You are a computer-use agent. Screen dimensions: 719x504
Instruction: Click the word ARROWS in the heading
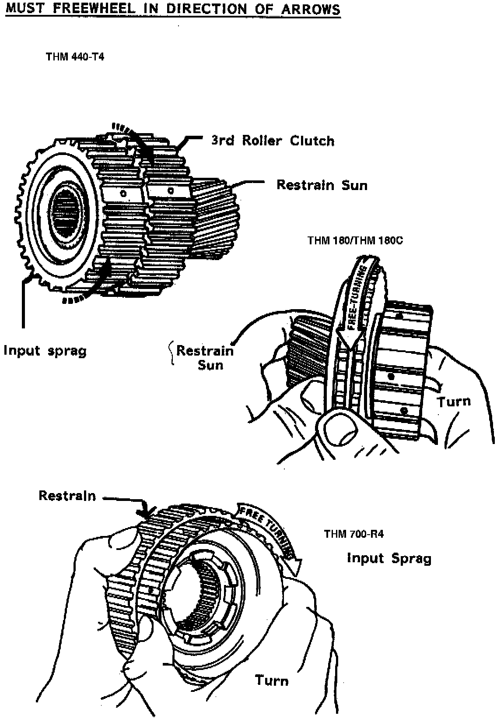(311, 9)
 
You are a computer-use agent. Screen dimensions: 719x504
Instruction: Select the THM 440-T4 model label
(75, 57)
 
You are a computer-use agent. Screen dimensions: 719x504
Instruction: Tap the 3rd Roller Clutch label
(273, 141)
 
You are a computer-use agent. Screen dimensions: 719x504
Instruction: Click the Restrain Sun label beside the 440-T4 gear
(322, 185)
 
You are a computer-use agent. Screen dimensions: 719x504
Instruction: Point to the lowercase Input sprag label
(45, 351)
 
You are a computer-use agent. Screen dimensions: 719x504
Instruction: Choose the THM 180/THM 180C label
(355, 241)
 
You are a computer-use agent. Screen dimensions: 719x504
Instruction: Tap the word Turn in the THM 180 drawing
(454, 402)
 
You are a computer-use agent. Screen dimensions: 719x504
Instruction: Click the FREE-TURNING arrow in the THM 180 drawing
(355, 302)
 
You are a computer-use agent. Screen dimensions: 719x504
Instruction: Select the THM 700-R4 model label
(353, 534)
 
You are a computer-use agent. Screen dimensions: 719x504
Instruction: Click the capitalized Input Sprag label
(389, 558)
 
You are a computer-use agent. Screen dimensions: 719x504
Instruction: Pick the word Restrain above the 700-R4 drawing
(67, 496)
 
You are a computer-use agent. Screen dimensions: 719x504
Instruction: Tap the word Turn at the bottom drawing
(272, 680)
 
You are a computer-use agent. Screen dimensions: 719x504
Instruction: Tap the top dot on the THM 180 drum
(399, 315)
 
